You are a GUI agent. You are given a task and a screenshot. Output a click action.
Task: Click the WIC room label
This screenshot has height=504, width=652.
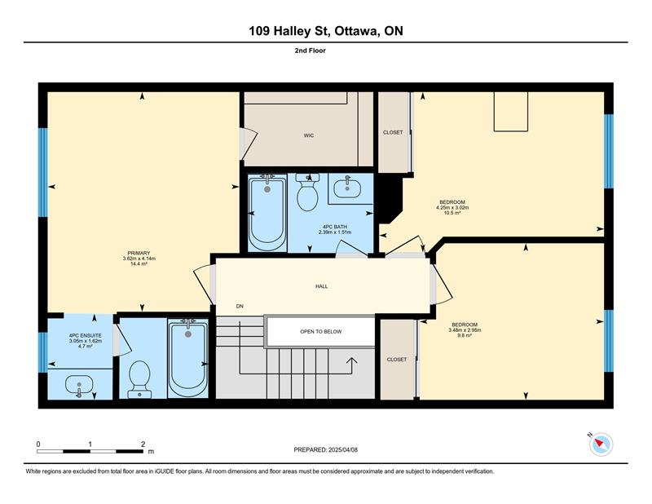point(309,135)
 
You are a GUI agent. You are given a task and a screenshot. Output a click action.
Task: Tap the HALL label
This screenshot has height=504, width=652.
point(321,286)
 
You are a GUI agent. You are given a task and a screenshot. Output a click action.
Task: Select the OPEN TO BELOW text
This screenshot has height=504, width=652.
point(321,332)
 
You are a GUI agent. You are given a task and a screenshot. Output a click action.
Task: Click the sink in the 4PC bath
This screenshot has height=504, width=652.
point(347,188)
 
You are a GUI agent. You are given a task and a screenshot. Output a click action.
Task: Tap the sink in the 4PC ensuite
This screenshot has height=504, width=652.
point(79,386)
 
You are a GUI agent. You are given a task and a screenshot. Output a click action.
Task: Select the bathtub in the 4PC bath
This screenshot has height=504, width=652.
point(267,213)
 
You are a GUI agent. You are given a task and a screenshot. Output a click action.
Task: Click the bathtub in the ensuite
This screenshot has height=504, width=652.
point(188,358)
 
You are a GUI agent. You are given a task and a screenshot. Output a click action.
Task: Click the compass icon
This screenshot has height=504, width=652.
point(601,444)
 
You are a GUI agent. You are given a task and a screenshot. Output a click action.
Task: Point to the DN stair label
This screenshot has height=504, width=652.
point(240,307)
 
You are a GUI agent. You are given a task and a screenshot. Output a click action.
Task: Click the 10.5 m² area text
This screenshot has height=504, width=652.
point(452,213)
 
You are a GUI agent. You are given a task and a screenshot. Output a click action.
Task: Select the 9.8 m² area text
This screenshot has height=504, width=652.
point(465,335)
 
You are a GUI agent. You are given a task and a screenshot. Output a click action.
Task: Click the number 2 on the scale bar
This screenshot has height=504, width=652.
point(143,444)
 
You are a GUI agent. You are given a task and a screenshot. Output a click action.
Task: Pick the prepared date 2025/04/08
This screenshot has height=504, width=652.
point(343,450)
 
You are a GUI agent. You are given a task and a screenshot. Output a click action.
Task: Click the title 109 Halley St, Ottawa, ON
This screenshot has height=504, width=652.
point(326,31)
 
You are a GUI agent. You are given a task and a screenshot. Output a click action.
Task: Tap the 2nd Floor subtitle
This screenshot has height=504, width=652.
point(311,51)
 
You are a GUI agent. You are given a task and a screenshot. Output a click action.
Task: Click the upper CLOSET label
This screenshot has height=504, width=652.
point(393,132)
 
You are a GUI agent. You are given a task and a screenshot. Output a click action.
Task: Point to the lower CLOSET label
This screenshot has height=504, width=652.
point(397,360)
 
